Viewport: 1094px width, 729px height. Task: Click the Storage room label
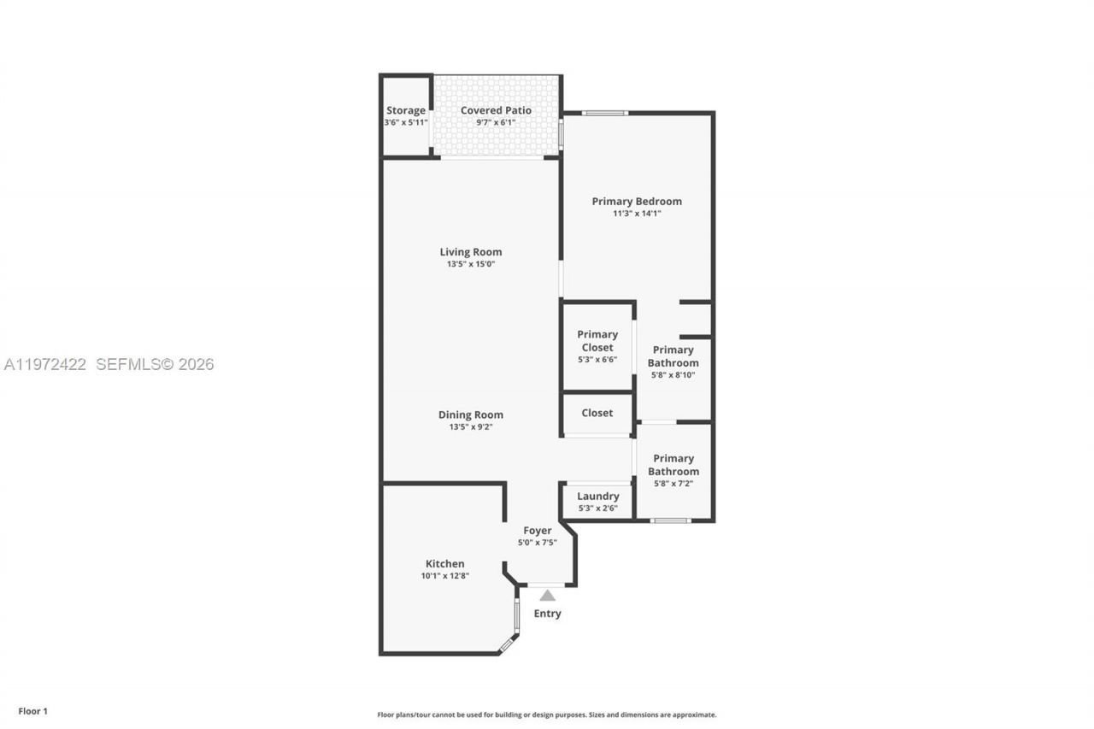pyautogui.click(x=405, y=110)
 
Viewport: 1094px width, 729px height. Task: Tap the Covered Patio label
pyautogui.click(x=496, y=110)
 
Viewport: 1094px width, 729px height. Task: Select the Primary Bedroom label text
pyautogui.click(x=637, y=202)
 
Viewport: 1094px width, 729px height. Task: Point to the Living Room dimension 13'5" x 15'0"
pyautogui.click(x=471, y=264)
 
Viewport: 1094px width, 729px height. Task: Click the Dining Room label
pyautogui.click(x=471, y=415)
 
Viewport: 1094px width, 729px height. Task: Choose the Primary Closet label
pyautogui.click(x=597, y=341)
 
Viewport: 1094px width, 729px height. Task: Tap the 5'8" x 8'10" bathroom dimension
pyautogui.click(x=673, y=375)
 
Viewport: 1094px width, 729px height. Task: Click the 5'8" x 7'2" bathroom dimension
pyautogui.click(x=673, y=484)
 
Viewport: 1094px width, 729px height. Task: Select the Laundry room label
pyautogui.click(x=597, y=497)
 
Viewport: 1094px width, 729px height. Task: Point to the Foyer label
pyautogui.click(x=538, y=531)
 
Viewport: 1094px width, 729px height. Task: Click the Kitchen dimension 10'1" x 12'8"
pyautogui.click(x=445, y=576)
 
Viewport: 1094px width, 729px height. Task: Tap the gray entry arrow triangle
pyautogui.click(x=547, y=595)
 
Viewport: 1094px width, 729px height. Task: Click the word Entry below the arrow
pyautogui.click(x=547, y=614)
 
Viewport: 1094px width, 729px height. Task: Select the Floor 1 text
pyautogui.click(x=33, y=711)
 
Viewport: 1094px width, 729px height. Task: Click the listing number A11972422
pyautogui.click(x=45, y=365)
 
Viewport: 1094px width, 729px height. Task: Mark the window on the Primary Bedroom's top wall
pyautogui.click(x=605, y=113)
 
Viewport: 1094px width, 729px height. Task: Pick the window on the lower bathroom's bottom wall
pyautogui.click(x=671, y=520)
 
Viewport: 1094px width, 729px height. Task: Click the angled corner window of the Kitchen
pyautogui.click(x=507, y=645)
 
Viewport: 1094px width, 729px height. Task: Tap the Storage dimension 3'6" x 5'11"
pyautogui.click(x=405, y=123)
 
